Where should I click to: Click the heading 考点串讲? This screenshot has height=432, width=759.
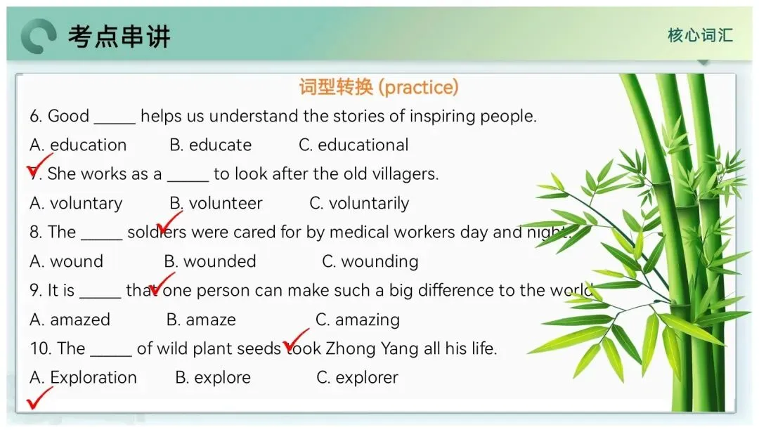(x=119, y=37)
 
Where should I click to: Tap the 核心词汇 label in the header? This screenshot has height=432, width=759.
(x=700, y=35)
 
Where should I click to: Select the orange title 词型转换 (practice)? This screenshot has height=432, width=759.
(x=379, y=87)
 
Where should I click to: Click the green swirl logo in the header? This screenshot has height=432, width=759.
(x=39, y=37)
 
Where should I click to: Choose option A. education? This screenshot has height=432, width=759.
(x=78, y=145)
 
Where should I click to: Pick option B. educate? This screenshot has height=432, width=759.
(x=211, y=145)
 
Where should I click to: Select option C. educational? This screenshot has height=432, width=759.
(x=353, y=145)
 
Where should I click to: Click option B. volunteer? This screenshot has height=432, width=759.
(x=216, y=203)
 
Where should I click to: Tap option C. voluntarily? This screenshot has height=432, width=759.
(x=359, y=204)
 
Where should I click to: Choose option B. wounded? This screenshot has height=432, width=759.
(x=210, y=262)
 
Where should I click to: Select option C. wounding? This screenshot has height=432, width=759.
(x=370, y=262)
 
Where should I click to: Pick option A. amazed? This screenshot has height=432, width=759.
(x=70, y=320)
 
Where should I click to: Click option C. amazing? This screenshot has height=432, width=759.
(x=358, y=320)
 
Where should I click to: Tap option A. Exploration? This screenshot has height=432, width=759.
(x=83, y=378)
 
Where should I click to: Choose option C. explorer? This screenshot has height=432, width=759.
(x=357, y=378)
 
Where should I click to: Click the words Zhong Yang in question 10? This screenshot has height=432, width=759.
(x=372, y=349)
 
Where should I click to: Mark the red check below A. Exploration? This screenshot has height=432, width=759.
(x=39, y=398)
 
